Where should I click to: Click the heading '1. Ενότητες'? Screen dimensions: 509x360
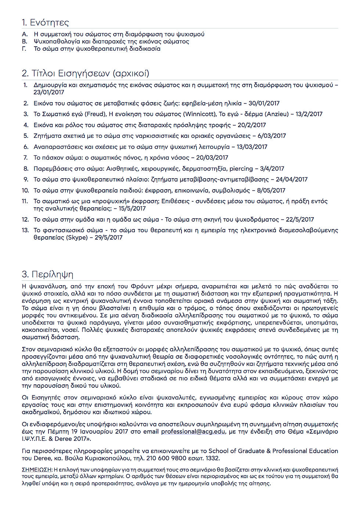46,22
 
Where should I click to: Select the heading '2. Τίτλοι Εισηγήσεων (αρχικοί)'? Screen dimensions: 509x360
86,74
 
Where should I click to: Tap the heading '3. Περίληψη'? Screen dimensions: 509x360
47,274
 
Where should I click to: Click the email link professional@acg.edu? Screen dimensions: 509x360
193,431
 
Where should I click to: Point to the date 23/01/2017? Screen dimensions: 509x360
49,92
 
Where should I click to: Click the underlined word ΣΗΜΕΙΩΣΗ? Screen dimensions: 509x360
37,469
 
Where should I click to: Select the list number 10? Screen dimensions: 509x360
25,190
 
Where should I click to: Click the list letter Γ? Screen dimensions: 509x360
24,49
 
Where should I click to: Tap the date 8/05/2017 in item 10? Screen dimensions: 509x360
271,190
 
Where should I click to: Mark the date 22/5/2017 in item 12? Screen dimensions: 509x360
300,219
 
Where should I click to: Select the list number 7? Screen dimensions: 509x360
25,158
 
